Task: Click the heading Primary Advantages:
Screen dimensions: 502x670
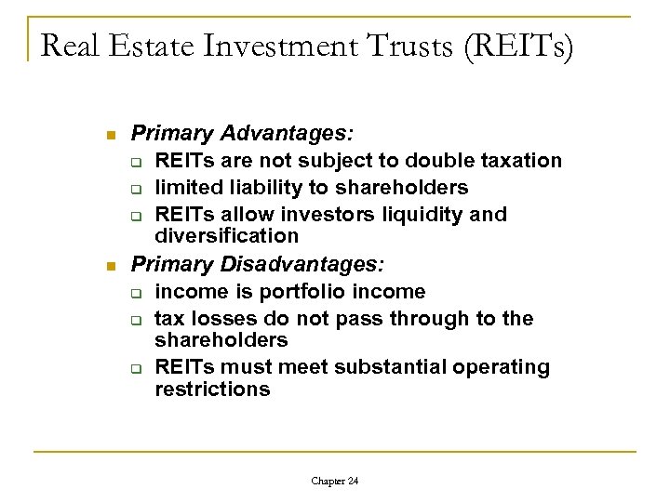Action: (x=214, y=134)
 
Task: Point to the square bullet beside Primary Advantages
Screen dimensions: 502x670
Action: (x=112, y=136)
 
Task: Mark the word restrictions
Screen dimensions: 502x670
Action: (x=212, y=390)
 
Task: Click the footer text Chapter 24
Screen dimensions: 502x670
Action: (x=336, y=481)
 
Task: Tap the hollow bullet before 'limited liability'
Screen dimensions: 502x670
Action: (x=136, y=189)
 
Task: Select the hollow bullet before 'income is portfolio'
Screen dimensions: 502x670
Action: (x=136, y=293)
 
